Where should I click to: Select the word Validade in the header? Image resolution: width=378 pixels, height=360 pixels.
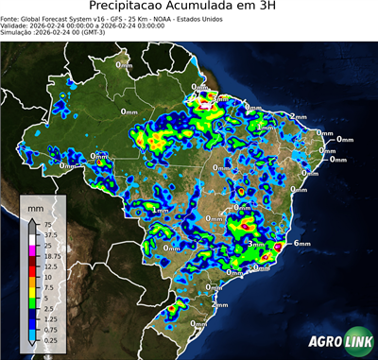[x=18, y=26]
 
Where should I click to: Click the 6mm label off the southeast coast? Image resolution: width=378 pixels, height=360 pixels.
[x=302, y=244]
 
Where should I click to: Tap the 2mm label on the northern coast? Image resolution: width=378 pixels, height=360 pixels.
[x=298, y=116]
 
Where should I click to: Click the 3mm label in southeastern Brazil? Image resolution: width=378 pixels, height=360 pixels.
[x=253, y=243]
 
